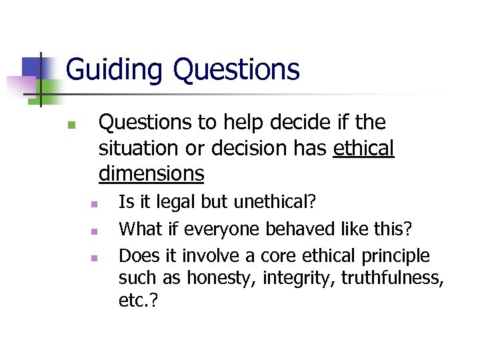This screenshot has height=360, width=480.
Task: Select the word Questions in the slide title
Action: click(x=236, y=69)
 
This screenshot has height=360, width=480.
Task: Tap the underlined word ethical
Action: click(x=364, y=148)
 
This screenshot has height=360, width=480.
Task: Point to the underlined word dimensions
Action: click(x=151, y=173)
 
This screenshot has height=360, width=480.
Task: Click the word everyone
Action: click(x=223, y=229)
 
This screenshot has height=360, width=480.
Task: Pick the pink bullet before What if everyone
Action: click(x=95, y=231)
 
